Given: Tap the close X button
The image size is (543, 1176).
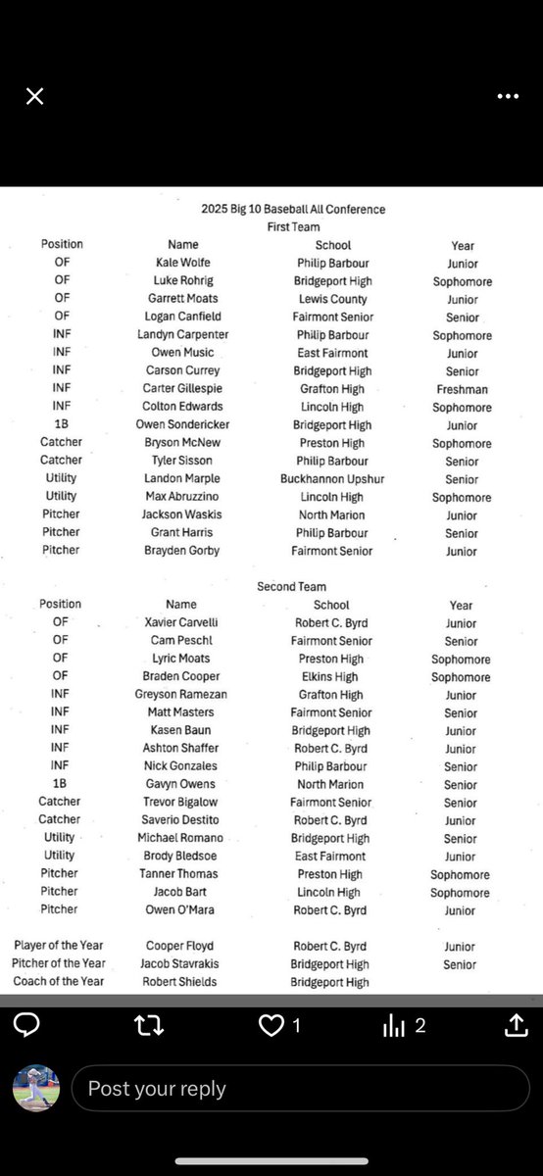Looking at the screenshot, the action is coord(34,96).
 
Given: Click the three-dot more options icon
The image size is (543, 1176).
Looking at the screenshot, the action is coord(508,96).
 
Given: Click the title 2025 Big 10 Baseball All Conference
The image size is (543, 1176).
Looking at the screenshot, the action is coord(293,209).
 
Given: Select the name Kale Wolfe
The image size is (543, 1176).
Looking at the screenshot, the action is coord(182,263).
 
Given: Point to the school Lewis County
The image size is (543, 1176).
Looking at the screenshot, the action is coord(333,299).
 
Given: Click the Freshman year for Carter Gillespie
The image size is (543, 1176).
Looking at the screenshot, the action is coord(463,389).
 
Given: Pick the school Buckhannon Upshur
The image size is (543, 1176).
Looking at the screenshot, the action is coord(332,479).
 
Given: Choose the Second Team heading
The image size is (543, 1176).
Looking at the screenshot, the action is coord(291,586).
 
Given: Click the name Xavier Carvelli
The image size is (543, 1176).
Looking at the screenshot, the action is coord(181,623).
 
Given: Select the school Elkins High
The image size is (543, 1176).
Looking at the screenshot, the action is coord(330,676).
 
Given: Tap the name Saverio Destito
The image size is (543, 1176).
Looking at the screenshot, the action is coord(181,820).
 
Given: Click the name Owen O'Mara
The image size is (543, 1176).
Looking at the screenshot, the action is coord(181,909).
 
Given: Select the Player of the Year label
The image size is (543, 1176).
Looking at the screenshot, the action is coord(59,946).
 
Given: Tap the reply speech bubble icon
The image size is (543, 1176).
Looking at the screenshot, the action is coord(27,1025).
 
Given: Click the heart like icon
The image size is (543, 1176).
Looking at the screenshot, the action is coord(271,1025).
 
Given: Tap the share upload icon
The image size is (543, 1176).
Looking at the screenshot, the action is coord(516,1025).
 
